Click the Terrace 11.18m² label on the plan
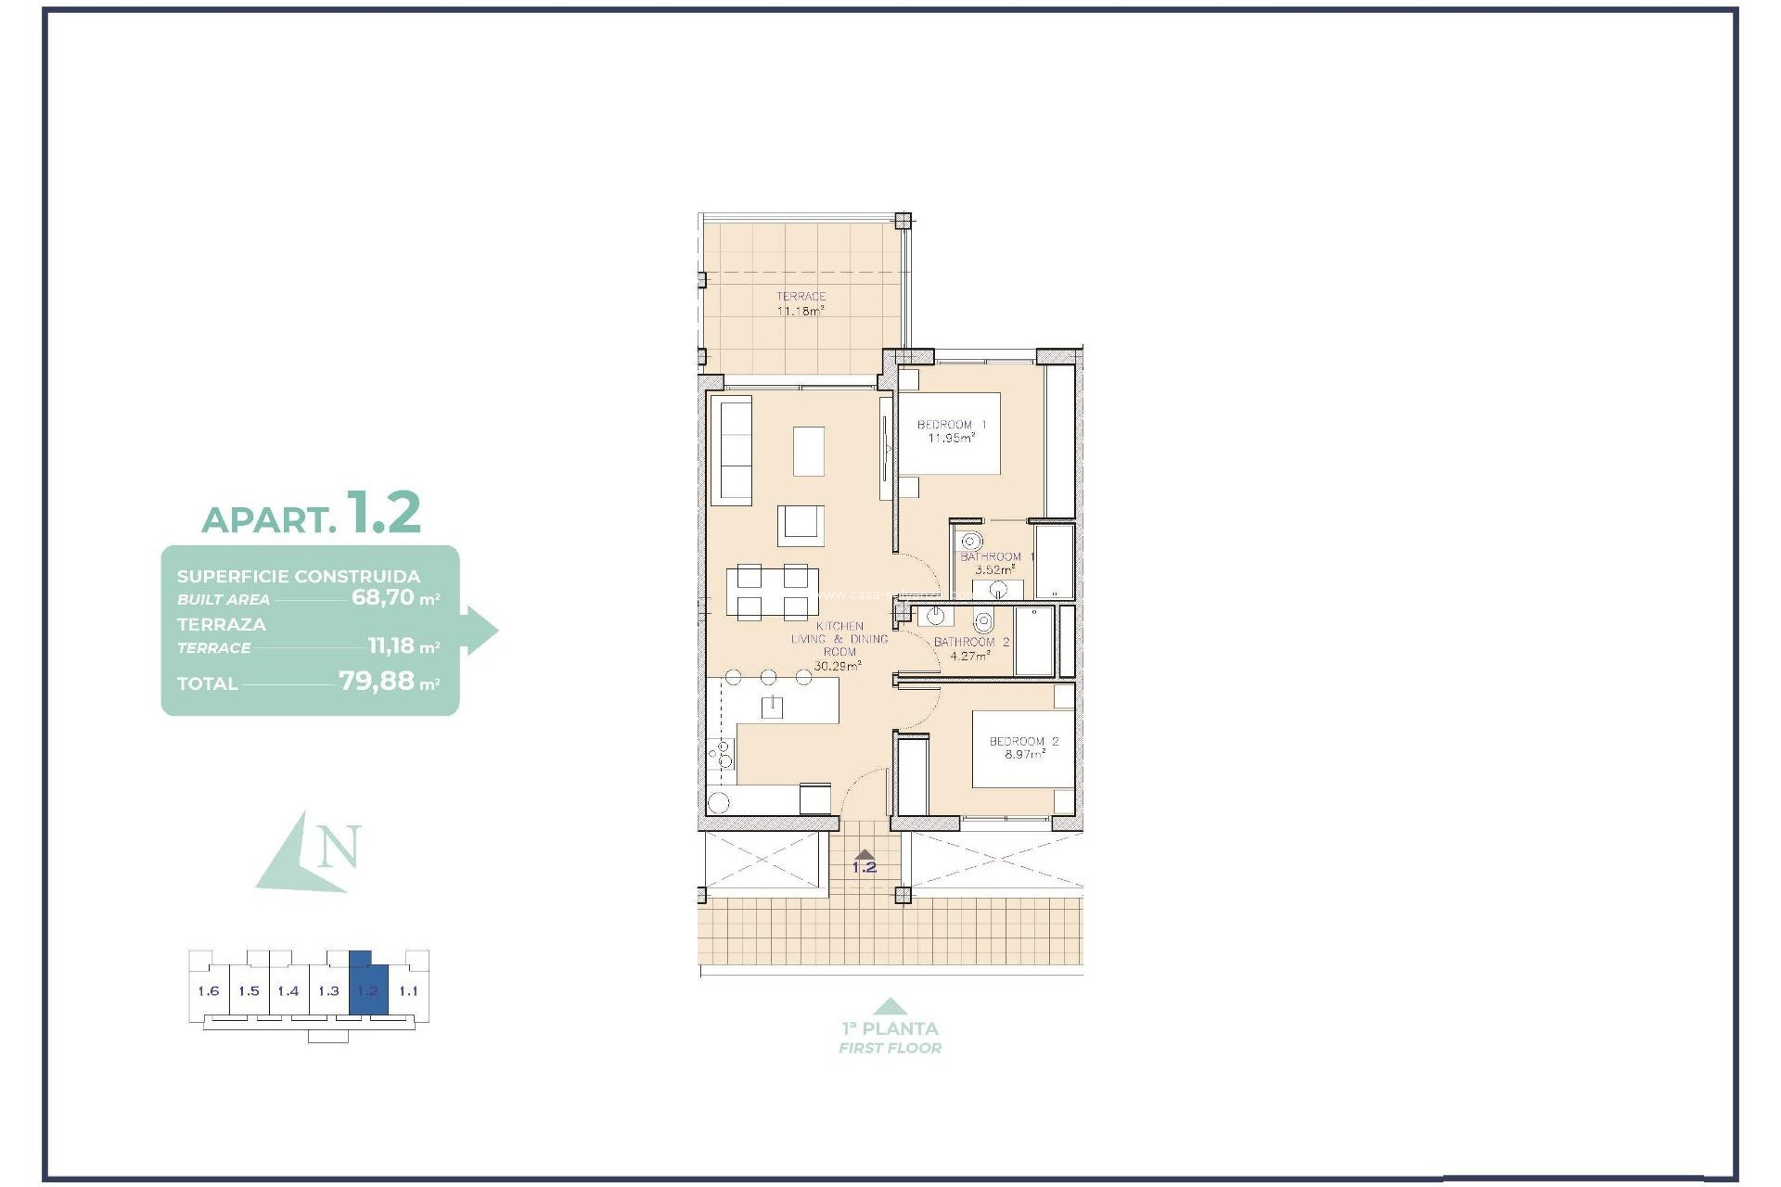pyautogui.click(x=801, y=304)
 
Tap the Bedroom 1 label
pyautogui.click(x=951, y=431)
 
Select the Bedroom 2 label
pyautogui.click(x=1023, y=747)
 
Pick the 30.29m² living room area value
pyautogui.click(x=837, y=666)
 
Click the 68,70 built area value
pyautogui.click(x=382, y=597)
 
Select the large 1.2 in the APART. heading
pyautogui.click(x=384, y=513)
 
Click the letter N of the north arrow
pyautogui.click(x=339, y=848)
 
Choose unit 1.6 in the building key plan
pyautogui.click(x=209, y=990)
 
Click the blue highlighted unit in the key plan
pyautogui.click(x=368, y=990)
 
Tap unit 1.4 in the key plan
pyautogui.click(x=288, y=990)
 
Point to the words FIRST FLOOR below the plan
pyautogui.click(x=890, y=1048)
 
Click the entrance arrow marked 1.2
pyautogui.click(x=865, y=856)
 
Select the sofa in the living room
pyautogui.click(x=731, y=451)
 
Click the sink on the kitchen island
pyautogui.click(x=772, y=708)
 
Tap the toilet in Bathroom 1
pyautogui.click(x=971, y=542)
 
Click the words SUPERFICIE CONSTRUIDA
pyautogui.click(x=298, y=576)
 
